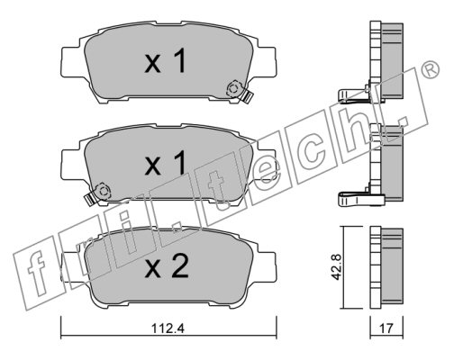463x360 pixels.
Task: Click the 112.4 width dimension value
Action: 168,328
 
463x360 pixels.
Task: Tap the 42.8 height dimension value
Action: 336,267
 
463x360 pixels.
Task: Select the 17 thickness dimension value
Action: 386,328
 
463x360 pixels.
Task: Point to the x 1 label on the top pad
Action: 166,61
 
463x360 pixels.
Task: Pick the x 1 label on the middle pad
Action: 166,163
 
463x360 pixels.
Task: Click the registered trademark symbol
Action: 431,69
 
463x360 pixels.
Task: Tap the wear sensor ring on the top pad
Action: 233,89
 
